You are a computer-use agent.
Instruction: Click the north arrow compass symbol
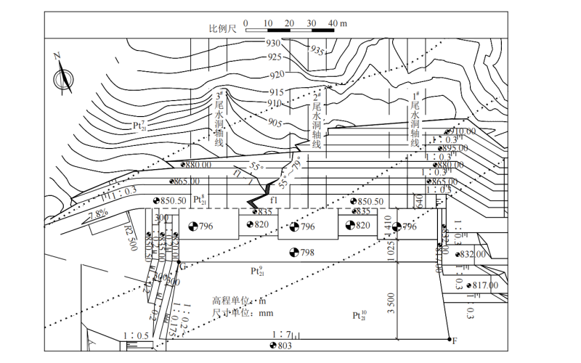tap(64, 76)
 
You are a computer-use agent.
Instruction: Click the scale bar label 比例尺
tap(223, 28)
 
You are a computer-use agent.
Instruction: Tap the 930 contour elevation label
tap(272, 44)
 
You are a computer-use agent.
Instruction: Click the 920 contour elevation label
tap(277, 75)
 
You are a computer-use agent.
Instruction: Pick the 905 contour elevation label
tap(275, 123)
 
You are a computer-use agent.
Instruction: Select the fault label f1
tap(275, 199)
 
